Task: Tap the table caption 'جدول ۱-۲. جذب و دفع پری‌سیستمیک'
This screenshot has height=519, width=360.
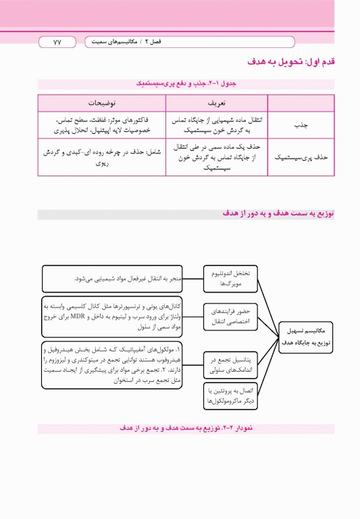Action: (185, 84)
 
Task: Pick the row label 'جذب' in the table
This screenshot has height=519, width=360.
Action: (299, 125)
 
